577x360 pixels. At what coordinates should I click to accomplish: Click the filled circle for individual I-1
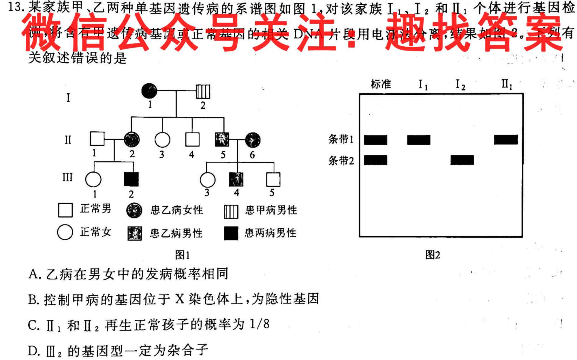pos(149,91)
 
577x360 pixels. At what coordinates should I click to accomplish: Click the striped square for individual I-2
pos(203,91)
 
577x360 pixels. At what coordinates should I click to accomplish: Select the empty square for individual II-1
pos(97,139)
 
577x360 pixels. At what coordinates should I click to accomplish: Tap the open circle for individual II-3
pos(162,140)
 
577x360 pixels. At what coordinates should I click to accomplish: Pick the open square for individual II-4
pos(192,140)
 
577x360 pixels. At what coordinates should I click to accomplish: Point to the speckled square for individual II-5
pos(222,140)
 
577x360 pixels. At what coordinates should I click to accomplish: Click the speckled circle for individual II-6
pos(253,140)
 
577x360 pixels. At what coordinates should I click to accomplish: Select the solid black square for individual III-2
pos(131,179)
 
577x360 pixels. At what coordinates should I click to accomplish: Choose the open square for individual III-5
pos(273,179)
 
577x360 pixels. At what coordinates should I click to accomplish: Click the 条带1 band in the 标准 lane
pos(375,140)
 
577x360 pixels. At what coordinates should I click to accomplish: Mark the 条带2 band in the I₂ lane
pos(462,160)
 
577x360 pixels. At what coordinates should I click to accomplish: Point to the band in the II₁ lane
pos(506,140)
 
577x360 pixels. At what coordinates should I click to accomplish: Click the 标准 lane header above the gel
pos(381,84)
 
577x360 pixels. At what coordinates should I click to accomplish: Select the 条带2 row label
pos(341,161)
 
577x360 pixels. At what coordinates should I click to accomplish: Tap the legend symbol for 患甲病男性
pos(231,211)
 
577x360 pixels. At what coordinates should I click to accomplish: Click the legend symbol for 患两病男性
pos(231,233)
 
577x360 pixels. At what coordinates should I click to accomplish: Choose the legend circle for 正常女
pos(65,232)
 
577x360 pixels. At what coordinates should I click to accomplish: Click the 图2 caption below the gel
pos(433,255)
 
